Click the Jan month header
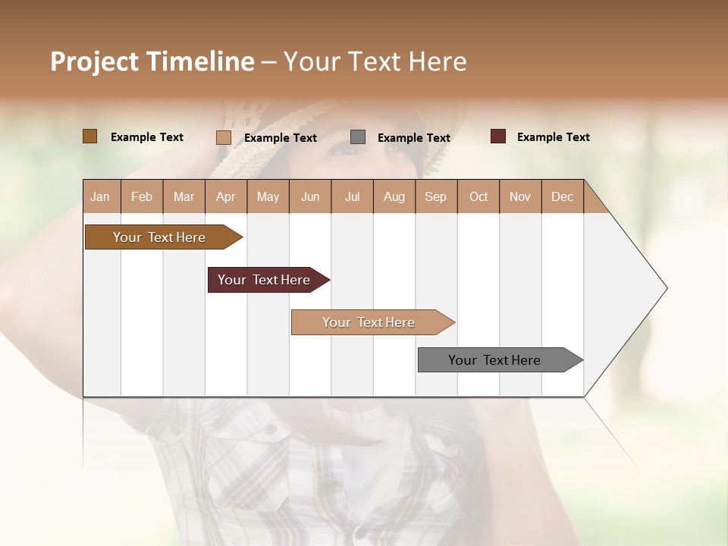pyautogui.click(x=101, y=196)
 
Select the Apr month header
pyautogui.click(x=226, y=196)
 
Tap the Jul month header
pyautogui.click(x=352, y=196)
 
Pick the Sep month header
pyautogui.click(x=435, y=196)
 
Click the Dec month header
pyautogui.click(x=562, y=196)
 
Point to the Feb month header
pyautogui.click(x=142, y=196)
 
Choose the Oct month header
pyautogui.click(x=479, y=196)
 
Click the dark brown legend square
pyautogui.click(x=89, y=136)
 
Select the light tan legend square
pyautogui.click(x=223, y=137)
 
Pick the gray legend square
pyautogui.click(x=358, y=137)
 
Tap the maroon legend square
pyautogui.click(x=497, y=136)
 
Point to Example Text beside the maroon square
pyautogui.click(x=553, y=137)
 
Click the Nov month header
pyautogui.click(x=520, y=196)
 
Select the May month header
pyautogui.click(x=268, y=196)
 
